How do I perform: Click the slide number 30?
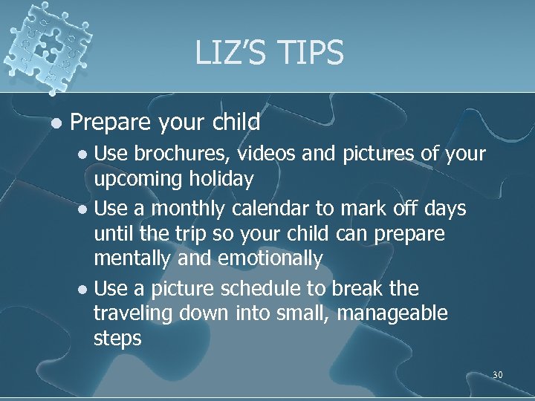497,375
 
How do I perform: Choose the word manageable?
392,314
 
